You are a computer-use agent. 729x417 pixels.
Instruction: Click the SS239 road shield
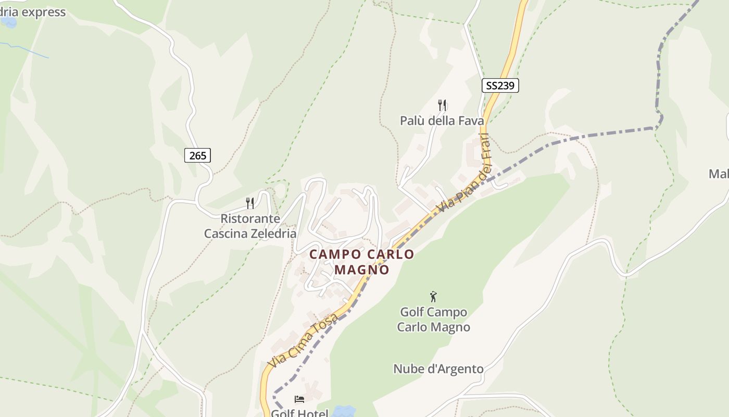click(500, 85)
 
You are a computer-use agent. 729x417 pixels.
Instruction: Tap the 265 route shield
click(197, 155)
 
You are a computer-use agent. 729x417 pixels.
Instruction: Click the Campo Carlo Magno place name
click(362, 262)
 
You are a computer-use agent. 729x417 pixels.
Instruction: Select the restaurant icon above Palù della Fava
click(442, 105)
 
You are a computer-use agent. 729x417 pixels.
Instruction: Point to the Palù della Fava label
click(442, 121)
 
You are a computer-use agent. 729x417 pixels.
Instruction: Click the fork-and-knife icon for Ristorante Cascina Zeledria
click(250, 203)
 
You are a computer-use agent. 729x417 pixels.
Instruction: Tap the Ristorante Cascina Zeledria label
click(250, 226)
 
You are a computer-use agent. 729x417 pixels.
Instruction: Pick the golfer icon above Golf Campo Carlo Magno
click(433, 297)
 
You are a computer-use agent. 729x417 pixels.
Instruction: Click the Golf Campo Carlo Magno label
click(433, 320)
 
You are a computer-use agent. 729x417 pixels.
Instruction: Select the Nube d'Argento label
click(438, 369)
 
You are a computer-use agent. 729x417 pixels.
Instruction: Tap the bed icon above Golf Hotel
click(299, 399)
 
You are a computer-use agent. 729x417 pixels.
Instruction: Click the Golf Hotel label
click(299, 413)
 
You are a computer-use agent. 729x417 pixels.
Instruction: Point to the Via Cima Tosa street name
click(303, 340)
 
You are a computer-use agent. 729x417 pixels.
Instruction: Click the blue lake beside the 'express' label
click(8, 22)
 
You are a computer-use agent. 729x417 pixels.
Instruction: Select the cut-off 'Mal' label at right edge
click(719, 174)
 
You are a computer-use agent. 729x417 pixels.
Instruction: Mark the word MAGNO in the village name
click(362, 269)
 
